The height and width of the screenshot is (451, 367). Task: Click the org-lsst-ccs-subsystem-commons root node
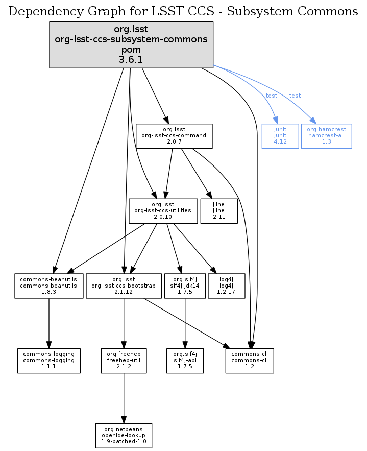click(131, 45)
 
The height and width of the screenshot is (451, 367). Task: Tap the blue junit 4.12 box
click(280, 136)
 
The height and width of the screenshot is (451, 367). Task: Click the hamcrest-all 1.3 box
click(326, 136)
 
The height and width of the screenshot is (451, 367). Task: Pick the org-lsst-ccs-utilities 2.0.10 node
click(163, 210)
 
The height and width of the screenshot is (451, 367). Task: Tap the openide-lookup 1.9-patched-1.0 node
click(124, 435)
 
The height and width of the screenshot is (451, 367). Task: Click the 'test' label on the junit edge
click(272, 96)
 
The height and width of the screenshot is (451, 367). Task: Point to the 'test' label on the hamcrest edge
click(295, 96)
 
